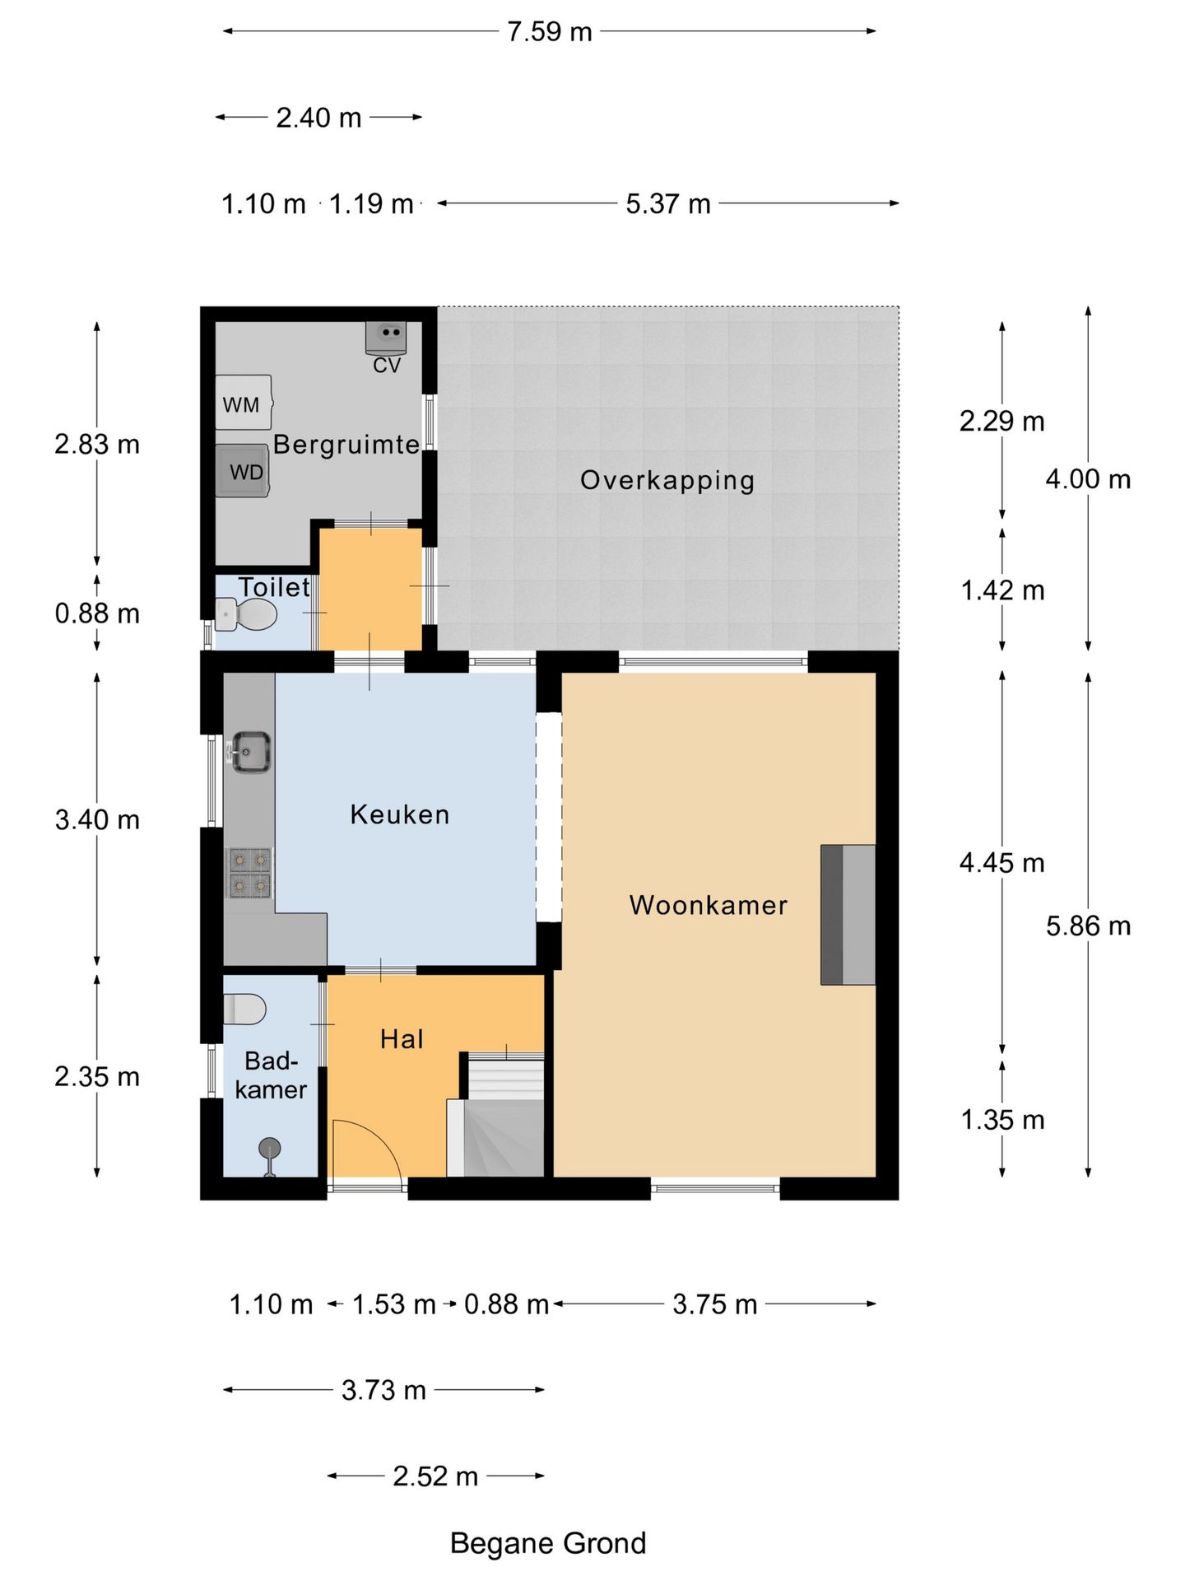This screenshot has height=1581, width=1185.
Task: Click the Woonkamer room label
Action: (x=708, y=905)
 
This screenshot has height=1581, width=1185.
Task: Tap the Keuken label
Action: (x=400, y=814)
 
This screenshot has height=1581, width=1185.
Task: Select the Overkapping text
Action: (x=667, y=480)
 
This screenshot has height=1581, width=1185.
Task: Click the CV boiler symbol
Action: (x=386, y=336)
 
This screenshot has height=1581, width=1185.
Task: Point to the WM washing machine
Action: (x=244, y=403)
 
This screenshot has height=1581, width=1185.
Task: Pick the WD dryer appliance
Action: (x=243, y=471)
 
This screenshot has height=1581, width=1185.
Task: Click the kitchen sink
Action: (x=250, y=752)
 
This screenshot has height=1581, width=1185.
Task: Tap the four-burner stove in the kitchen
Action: (x=249, y=873)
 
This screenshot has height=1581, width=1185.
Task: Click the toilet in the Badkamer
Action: (x=244, y=1010)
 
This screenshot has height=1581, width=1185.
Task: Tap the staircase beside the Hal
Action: (x=496, y=1114)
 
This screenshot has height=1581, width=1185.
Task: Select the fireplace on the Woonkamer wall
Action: (x=848, y=915)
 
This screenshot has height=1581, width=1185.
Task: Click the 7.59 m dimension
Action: (x=550, y=31)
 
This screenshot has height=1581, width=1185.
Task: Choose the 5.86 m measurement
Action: (x=1088, y=926)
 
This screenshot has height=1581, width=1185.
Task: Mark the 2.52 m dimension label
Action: (x=435, y=1476)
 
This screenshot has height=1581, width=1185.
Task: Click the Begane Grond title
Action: (x=548, y=1543)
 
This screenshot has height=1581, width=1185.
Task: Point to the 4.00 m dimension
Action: (x=1088, y=478)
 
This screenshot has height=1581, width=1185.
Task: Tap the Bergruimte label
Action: (x=346, y=445)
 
